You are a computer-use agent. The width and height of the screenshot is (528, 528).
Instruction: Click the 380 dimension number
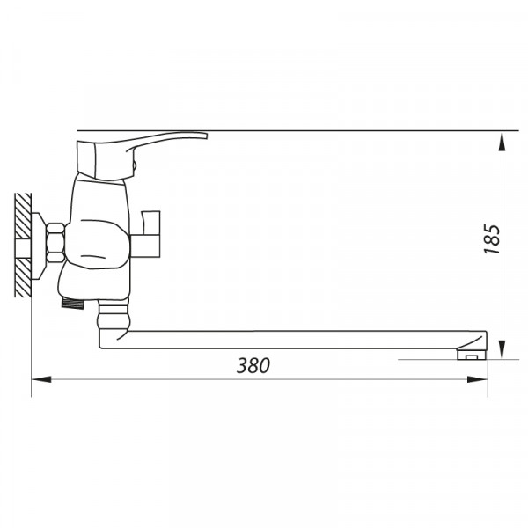tap(253, 366)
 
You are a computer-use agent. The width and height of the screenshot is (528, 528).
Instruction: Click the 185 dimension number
tap(492, 238)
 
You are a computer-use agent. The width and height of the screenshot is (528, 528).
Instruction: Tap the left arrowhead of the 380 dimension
tap(41, 379)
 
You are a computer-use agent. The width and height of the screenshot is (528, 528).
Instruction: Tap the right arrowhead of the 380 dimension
tap(478, 379)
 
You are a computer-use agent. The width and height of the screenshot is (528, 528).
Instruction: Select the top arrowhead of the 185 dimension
tap(502, 141)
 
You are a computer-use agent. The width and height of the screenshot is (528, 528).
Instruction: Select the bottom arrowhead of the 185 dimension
tap(502, 349)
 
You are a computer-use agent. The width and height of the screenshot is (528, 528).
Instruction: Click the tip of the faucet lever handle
tap(206, 136)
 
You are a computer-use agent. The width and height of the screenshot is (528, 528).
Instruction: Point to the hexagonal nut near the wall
tap(55, 243)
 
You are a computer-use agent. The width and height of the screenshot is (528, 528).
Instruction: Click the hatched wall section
tap(23, 246)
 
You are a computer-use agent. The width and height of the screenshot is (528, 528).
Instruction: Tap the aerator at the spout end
tap(472, 355)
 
